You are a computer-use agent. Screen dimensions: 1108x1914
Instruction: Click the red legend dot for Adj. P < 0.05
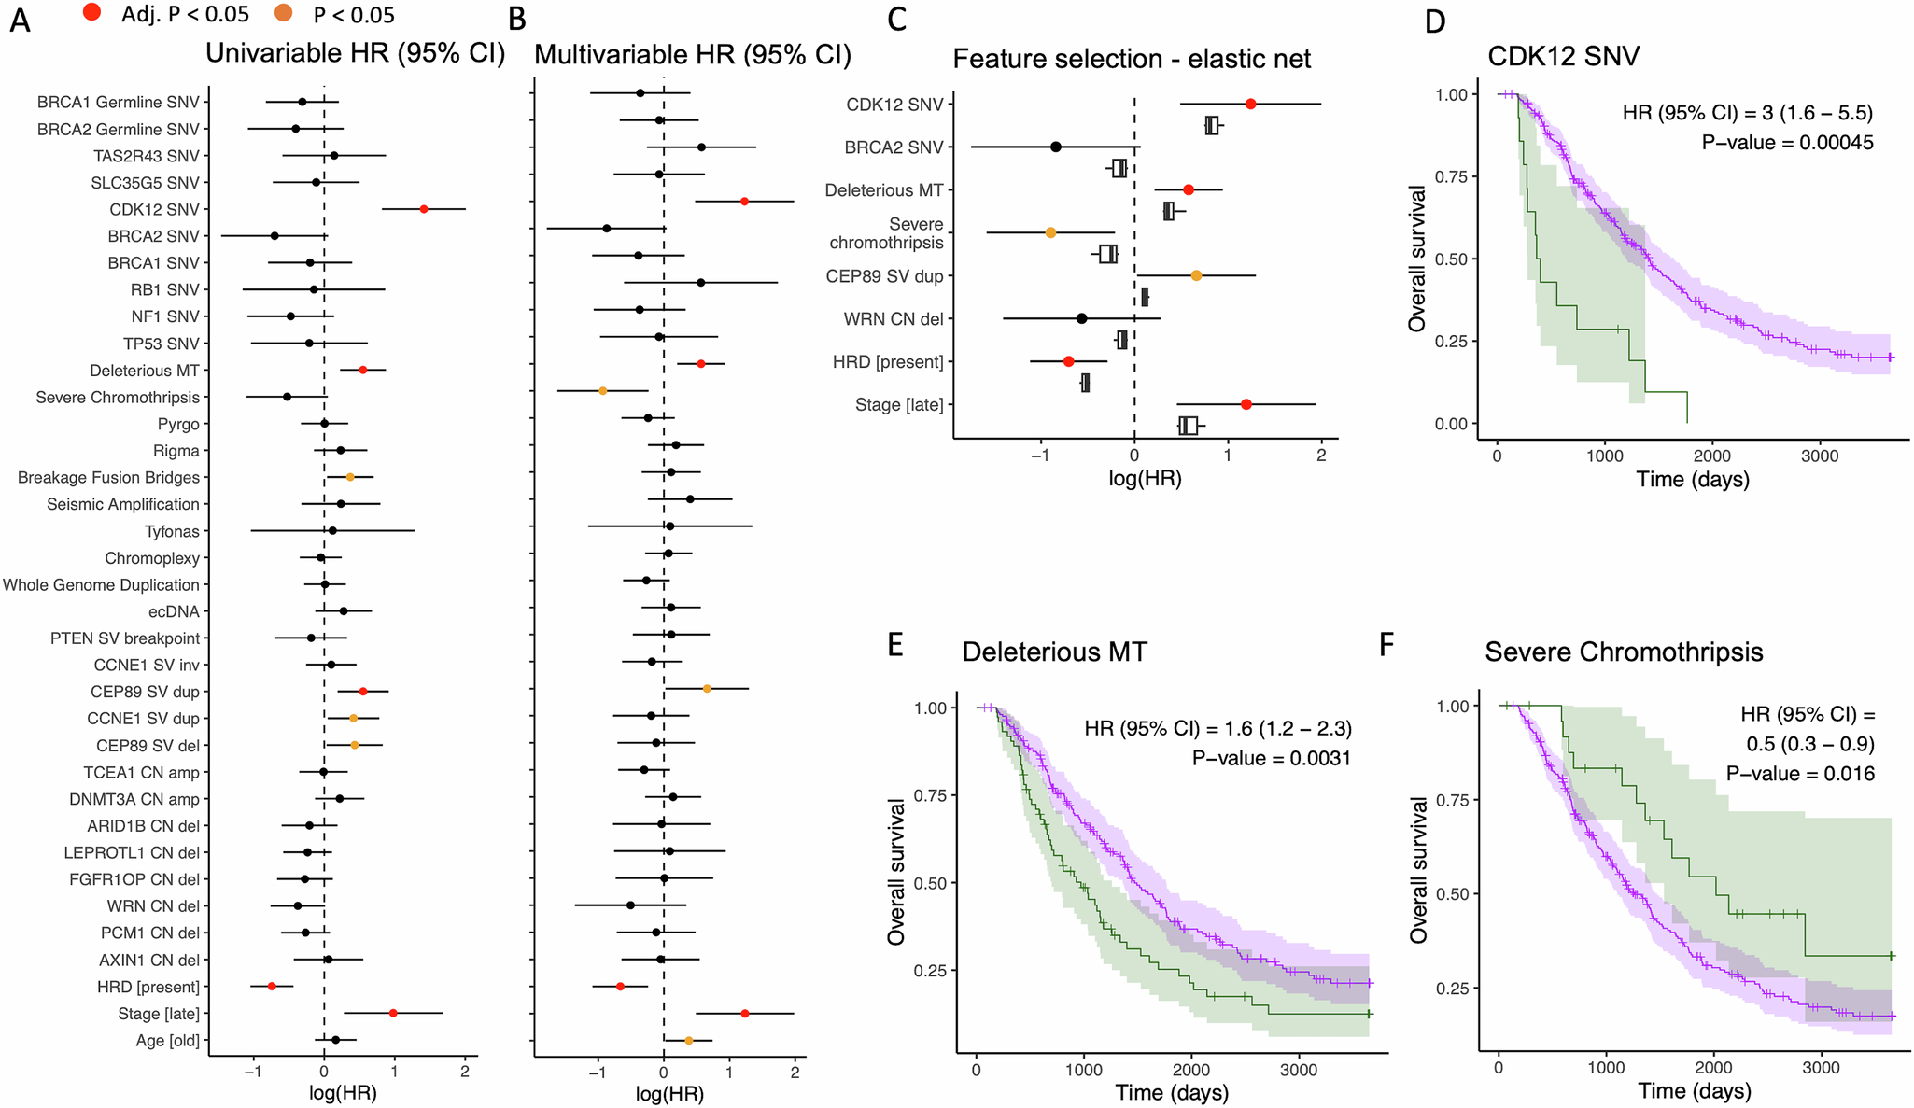pos(92,13)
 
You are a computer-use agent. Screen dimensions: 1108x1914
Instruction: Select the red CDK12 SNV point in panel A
pos(424,209)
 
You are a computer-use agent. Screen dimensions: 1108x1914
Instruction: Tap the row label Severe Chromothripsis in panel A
pos(118,398)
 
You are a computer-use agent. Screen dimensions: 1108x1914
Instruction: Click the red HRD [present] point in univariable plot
pos(272,986)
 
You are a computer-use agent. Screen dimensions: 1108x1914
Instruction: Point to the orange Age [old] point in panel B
pos(689,1040)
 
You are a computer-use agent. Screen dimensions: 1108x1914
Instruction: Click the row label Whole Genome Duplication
pos(101,585)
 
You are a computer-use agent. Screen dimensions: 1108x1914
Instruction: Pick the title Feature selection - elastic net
pos(1132,59)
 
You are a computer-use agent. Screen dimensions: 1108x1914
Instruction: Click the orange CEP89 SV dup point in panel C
pos(1196,275)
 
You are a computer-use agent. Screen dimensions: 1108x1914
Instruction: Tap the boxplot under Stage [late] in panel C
pos(1189,426)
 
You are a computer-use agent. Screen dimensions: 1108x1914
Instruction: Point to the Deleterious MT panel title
pos(1054,652)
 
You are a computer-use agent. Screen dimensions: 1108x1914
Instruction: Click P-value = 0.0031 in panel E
pos(1271,758)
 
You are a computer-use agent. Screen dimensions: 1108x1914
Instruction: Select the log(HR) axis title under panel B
pos(669,1094)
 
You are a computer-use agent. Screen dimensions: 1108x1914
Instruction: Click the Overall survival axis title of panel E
pos(897,870)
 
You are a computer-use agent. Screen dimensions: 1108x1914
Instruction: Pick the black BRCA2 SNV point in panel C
pos(1055,147)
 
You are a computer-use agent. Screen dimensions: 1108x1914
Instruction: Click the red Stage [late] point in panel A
pos(393,1013)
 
